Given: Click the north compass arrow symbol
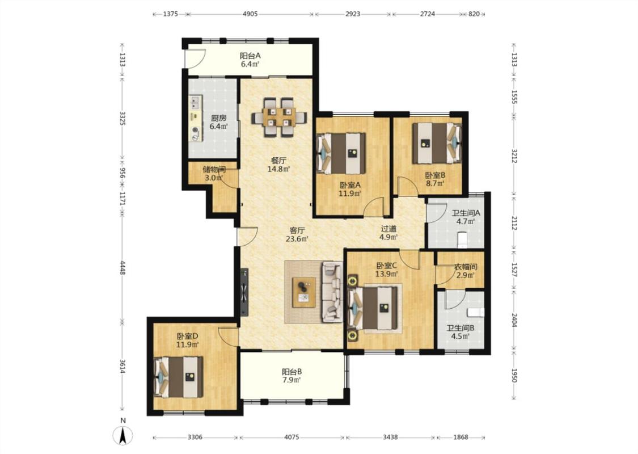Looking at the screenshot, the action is tap(123, 435).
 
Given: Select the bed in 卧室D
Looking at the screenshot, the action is tap(179, 377).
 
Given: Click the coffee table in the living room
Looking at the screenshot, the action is tap(304, 292).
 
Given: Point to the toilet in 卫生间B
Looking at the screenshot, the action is tap(475, 312).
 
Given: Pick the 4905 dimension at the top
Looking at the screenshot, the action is tap(250, 14).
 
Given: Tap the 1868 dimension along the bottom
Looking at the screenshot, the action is tap(460, 438).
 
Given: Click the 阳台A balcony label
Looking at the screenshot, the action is tap(250, 56).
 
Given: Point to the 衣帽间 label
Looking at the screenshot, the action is tap(466, 267).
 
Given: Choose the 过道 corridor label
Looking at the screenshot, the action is tap(388, 229).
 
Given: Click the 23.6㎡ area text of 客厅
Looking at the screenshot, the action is tap(297, 239).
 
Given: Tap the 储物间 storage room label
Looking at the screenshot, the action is tap(214, 169).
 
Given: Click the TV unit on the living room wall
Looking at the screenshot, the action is tap(244, 292).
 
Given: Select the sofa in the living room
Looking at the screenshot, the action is tap(332, 292).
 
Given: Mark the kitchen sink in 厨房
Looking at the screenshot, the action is tap(195, 102).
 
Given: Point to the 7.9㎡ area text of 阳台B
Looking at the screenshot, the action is tap(291, 380).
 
